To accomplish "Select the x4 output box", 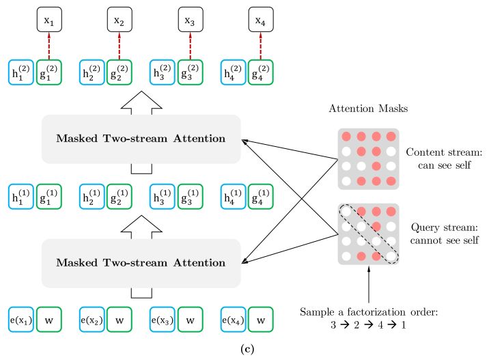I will point(260,20).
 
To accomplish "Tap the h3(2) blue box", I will point(163,73).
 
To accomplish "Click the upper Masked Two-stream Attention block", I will point(141,139).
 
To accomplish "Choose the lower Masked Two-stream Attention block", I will point(141,263).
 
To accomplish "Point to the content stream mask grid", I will point(368,158).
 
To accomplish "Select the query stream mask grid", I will point(368,234).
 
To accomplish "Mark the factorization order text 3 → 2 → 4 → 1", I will point(369,324).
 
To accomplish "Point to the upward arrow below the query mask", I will point(368,286).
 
